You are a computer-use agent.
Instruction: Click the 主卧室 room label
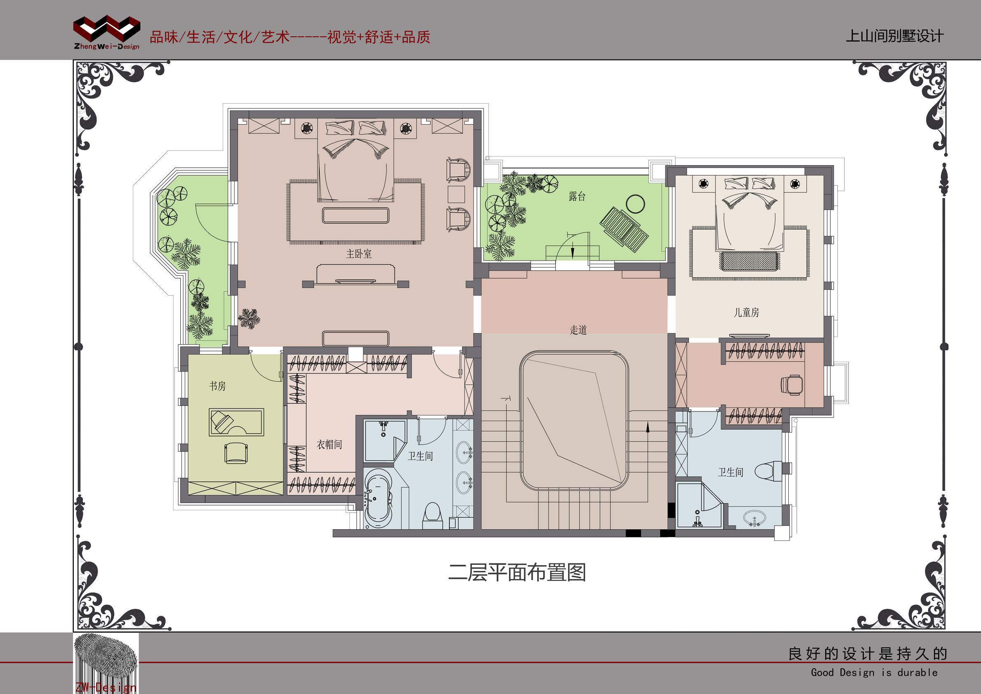tap(358, 254)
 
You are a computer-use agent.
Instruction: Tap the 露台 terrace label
tap(577, 196)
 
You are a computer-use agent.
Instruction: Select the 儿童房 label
tap(746, 313)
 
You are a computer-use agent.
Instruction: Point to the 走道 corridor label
tap(578, 330)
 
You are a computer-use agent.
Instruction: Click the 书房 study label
tap(217, 386)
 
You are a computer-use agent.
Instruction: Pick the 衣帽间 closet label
tap(329, 445)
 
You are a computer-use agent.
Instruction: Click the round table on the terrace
tap(635, 204)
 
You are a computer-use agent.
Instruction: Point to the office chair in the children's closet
tap(791, 385)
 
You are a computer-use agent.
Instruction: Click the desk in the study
tap(236, 422)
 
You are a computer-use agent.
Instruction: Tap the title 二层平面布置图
tap(516, 573)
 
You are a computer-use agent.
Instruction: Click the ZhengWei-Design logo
tap(107, 32)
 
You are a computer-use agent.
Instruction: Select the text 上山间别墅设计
tap(894, 36)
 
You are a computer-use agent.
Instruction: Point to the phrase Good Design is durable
tap(874, 673)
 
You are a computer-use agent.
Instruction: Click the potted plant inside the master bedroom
tap(249, 319)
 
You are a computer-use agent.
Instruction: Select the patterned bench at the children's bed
tap(750, 261)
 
